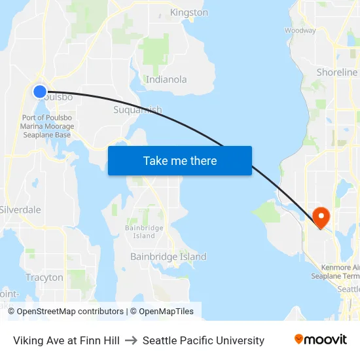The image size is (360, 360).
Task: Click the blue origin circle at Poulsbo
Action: pos(40,92)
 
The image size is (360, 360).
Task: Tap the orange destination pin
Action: pos(321,217)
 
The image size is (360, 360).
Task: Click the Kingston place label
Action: pos(189,12)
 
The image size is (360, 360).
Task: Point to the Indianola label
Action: pos(166,80)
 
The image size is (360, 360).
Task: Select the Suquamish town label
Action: pos(137,110)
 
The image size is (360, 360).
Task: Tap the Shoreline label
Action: pos(336,73)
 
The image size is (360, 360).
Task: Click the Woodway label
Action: pos(300,31)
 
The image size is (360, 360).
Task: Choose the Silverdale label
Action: pos(20,210)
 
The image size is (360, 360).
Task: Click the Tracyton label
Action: pos(45,278)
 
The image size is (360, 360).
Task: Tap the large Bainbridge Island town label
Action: pos(168,257)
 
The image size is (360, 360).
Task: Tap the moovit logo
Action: pos(320,340)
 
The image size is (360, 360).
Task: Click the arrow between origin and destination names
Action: pos(131,340)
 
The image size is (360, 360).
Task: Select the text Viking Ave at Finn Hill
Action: pos(66,340)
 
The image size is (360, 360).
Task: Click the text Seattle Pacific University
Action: pos(204,340)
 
